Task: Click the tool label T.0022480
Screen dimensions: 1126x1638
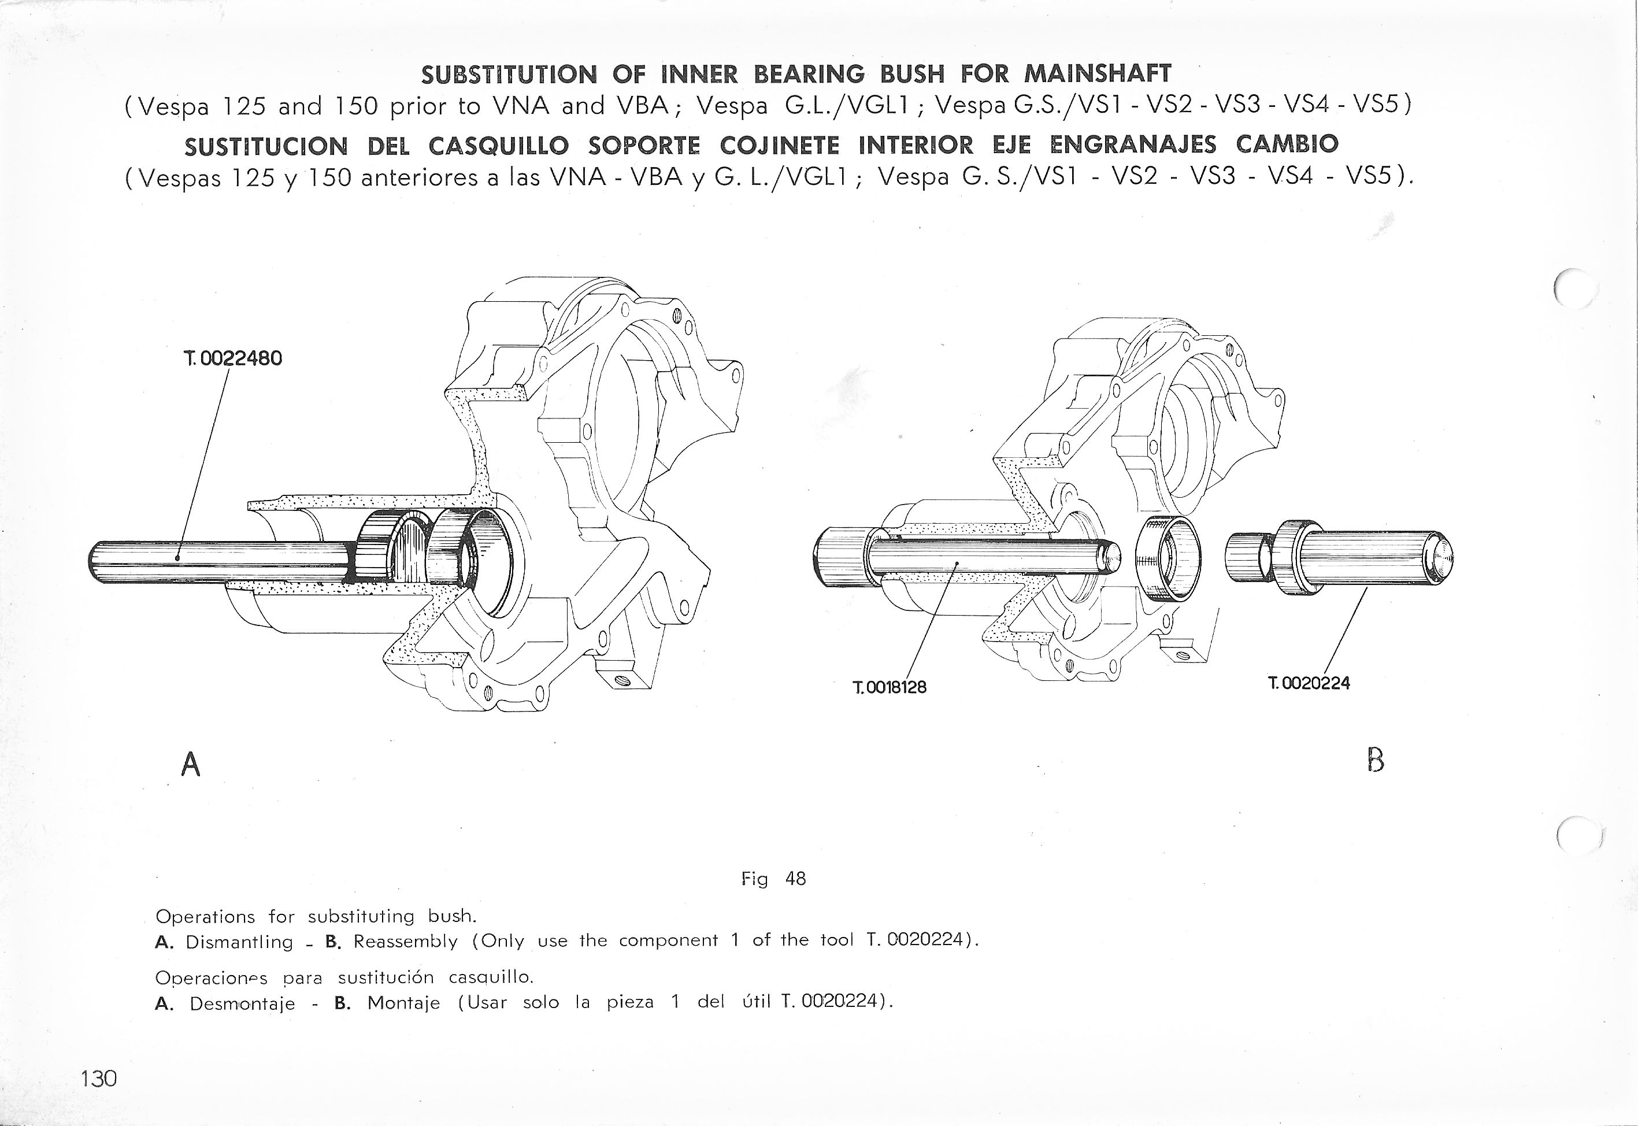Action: tap(232, 358)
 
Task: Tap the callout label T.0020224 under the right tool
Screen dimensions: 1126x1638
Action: tap(1309, 683)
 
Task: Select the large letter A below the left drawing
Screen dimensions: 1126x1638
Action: tap(191, 764)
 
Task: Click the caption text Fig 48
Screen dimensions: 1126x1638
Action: tap(773, 879)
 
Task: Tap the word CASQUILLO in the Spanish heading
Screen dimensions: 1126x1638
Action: tap(498, 145)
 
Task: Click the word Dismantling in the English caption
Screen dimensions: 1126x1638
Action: tap(239, 942)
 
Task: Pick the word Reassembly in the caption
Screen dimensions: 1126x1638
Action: tap(406, 941)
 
